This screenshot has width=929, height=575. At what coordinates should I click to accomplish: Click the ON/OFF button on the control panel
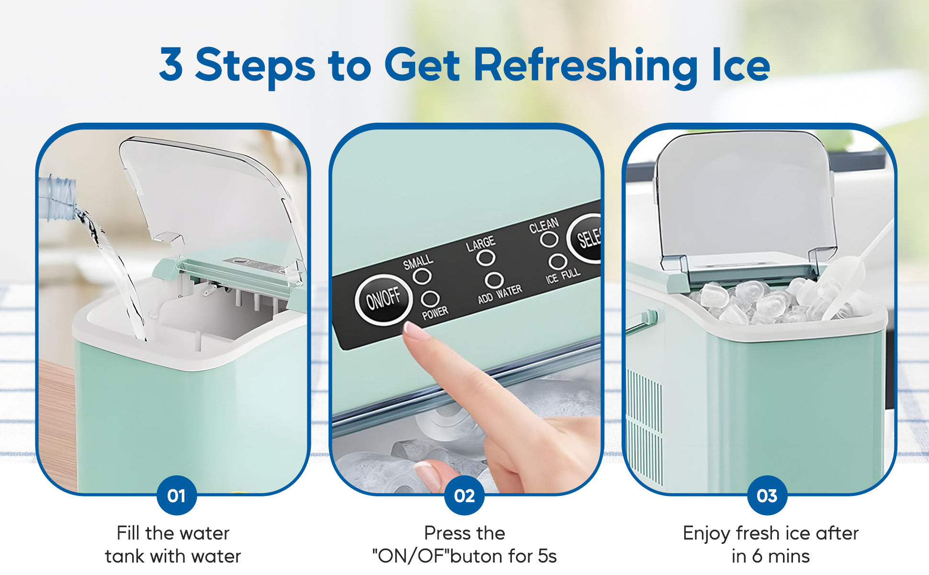pyautogui.click(x=384, y=299)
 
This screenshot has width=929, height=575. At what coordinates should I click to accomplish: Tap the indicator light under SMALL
pyautogui.click(x=422, y=276)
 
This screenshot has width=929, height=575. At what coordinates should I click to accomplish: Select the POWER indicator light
pyautogui.click(x=430, y=299)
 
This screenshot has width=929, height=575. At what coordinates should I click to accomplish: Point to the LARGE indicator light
pyautogui.click(x=486, y=258)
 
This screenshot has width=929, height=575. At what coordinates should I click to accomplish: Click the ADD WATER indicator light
pyautogui.click(x=494, y=280)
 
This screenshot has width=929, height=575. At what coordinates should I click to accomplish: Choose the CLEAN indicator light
pyautogui.click(x=549, y=239)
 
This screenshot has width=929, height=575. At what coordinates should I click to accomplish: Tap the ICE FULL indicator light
pyautogui.click(x=557, y=262)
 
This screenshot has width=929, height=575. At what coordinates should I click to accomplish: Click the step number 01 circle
pyautogui.click(x=177, y=495)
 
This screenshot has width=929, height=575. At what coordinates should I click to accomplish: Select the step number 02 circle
pyautogui.click(x=464, y=495)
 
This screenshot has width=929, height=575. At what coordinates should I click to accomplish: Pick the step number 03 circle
pyautogui.click(x=767, y=495)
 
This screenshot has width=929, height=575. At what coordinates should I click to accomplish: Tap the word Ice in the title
pyautogui.click(x=741, y=65)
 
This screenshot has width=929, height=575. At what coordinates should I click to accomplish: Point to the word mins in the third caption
pyautogui.click(x=789, y=556)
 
